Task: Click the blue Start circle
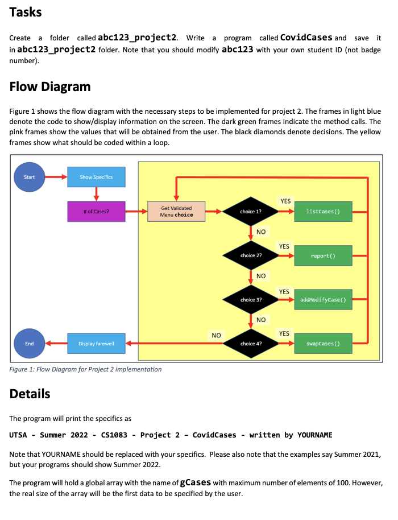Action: tap(29, 177)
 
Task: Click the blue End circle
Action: tap(29, 343)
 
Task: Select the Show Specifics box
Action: tap(96, 177)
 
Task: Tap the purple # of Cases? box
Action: tap(96, 212)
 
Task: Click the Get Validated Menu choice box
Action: tap(176, 212)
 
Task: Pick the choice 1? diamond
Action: tap(251, 212)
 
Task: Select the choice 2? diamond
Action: tap(251, 255)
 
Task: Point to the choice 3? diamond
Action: tap(251, 299)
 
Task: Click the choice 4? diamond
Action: tap(251, 344)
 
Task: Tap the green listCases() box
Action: tap(322, 212)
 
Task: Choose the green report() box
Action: tap(322, 255)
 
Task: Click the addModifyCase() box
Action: tap(322, 299)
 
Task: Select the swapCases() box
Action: tap(322, 344)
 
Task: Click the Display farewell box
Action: tap(96, 343)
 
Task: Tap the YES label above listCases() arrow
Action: tap(285, 201)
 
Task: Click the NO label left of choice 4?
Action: tap(215, 335)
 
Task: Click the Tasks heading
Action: tap(26, 12)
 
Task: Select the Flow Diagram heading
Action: tap(50, 86)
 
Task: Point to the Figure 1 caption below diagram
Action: tap(85, 369)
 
